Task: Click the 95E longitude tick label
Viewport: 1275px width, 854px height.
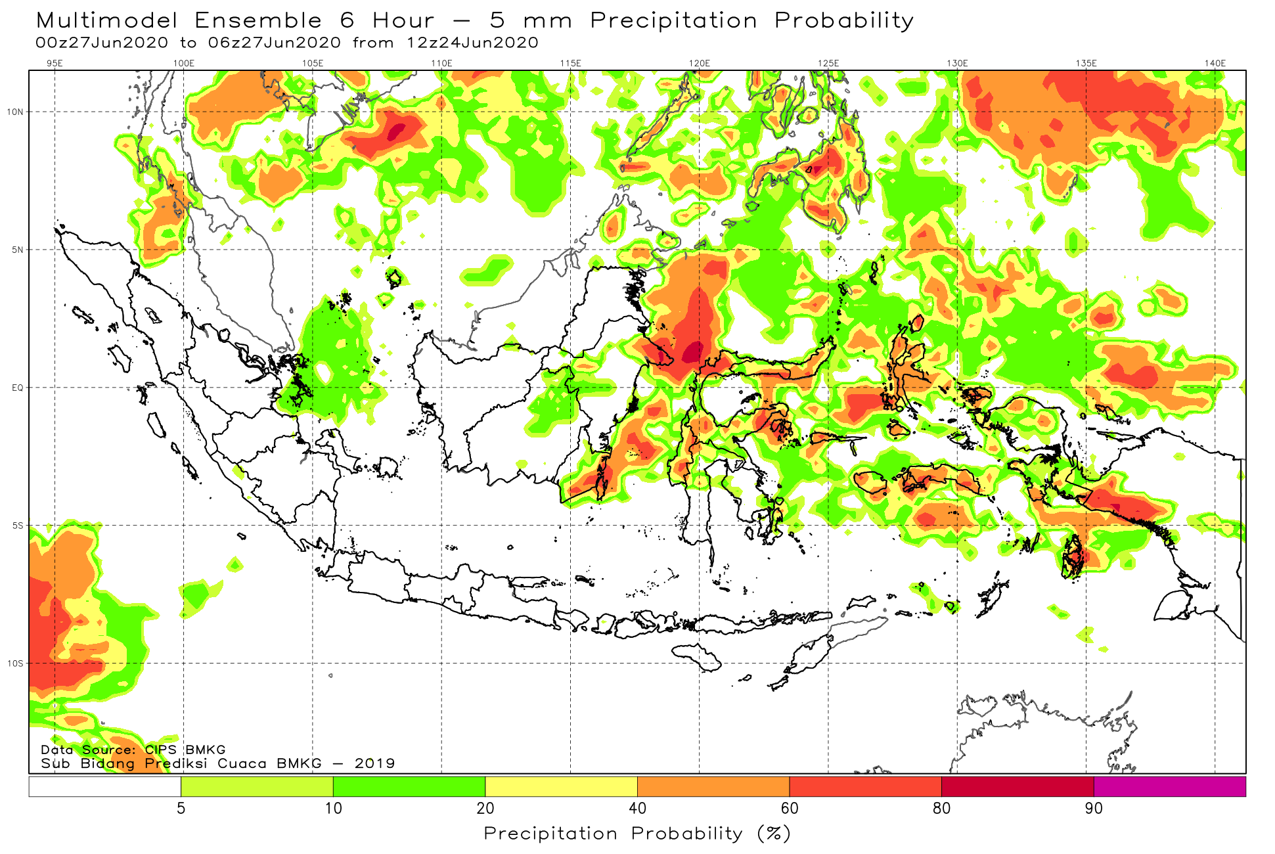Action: click(x=55, y=63)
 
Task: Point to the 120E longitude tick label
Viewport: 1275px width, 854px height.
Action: click(x=700, y=63)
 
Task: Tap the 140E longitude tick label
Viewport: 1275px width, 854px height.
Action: click(x=1215, y=63)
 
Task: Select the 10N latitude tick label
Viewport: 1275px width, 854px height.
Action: click(x=15, y=112)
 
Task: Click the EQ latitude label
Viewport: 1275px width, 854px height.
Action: click(x=17, y=388)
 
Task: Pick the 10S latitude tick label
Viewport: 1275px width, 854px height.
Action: click(x=15, y=663)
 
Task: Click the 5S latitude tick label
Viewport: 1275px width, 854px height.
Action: click(x=17, y=526)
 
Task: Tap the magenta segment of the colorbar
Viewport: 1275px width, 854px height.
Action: click(x=1170, y=786)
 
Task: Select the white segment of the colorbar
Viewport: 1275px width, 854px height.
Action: click(x=105, y=786)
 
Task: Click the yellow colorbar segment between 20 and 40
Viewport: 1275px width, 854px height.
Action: click(x=562, y=786)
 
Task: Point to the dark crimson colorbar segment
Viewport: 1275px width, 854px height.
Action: click(x=1018, y=786)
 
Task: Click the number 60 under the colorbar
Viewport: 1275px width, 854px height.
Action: click(x=790, y=808)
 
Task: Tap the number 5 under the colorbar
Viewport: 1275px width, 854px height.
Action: click(x=181, y=808)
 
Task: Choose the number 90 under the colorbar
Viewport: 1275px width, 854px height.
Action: click(x=1094, y=808)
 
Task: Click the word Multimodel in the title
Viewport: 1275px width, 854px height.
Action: click(x=107, y=20)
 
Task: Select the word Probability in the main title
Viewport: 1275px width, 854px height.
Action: click(x=845, y=21)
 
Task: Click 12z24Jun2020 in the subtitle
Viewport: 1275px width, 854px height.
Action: click(x=472, y=43)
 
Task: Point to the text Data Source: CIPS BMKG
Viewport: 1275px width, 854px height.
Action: click(x=133, y=750)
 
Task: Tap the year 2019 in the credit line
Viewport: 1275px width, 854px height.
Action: click(x=375, y=763)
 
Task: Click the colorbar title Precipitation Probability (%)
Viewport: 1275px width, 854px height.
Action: click(x=637, y=834)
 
